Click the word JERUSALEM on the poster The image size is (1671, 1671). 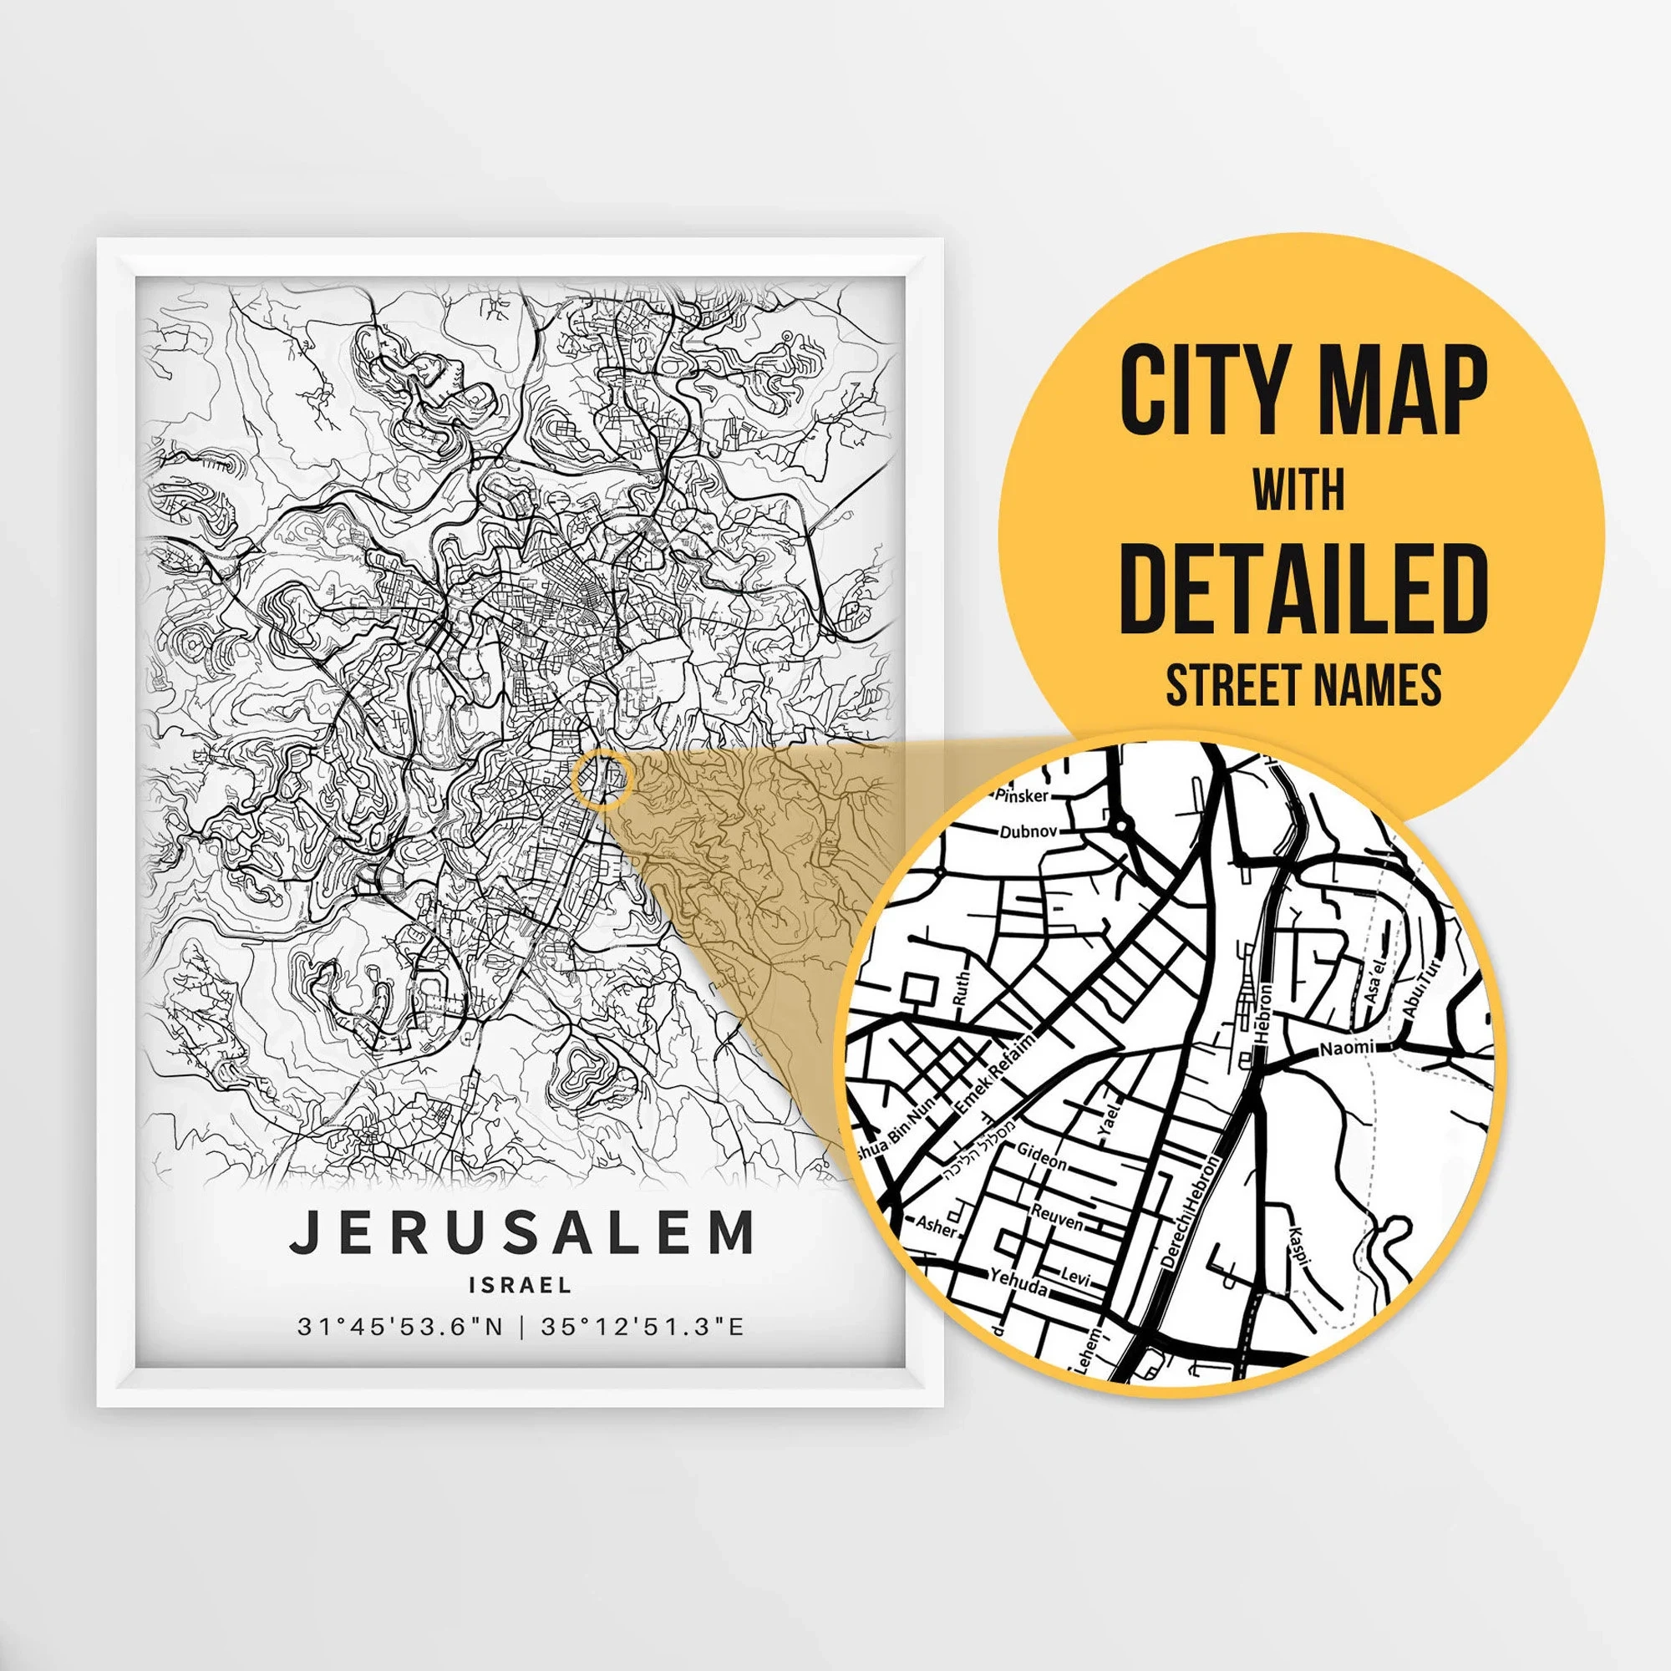521,1233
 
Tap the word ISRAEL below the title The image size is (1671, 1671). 521,1285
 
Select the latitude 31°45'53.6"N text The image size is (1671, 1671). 400,1327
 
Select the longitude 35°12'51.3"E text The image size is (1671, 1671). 642,1327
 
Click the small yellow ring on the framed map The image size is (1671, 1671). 603,780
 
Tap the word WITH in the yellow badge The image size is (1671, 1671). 1299,490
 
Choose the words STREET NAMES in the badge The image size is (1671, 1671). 1303,685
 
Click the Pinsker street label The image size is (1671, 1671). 1023,795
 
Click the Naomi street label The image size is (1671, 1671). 1347,1048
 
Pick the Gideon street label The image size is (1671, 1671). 1041,1155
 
